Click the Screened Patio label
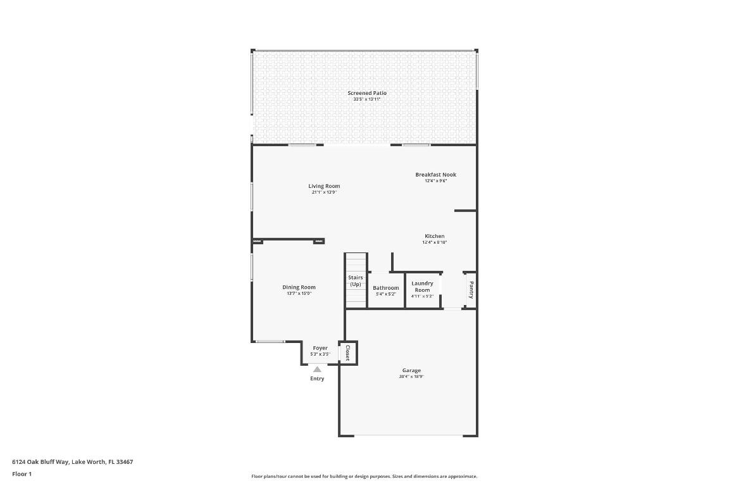click(x=367, y=93)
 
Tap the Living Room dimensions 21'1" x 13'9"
click(x=324, y=192)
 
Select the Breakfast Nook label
click(x=435, y=175)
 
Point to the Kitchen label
click(x=434, y=236)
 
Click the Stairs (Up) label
click(x=356, y=281)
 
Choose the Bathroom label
click(x=385, y=288)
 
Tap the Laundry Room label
click(x=422, y=287)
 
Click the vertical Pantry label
click(x=471, y=290)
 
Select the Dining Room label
click(x=299, y=287)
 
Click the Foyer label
click(x=320, y=348)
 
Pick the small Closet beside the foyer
click(x=347, y=352)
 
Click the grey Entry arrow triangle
click(x=317, y=369)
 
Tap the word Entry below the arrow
click(x=317, y=378)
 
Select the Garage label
click(x=411, y=371)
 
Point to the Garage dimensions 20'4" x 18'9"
click(x=411, y=377)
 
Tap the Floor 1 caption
click(x=22, y=474)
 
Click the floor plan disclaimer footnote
click(x=364, y=477)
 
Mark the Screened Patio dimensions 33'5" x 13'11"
click(x=367, y=99)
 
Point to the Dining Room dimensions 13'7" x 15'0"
click(x=299, y=294)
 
